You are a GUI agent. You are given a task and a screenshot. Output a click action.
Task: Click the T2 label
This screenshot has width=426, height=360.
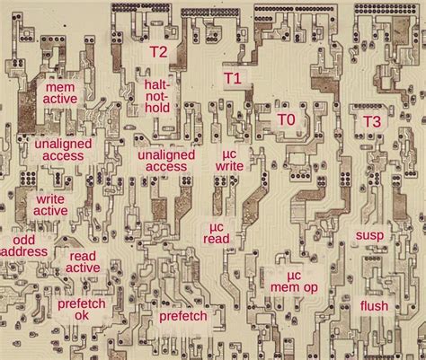(157, 51)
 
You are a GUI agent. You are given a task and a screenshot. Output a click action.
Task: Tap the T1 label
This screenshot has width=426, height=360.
(232, 79)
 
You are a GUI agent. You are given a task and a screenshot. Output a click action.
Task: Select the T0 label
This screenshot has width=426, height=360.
(286, 119)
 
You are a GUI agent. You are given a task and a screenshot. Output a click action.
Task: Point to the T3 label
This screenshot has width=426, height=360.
(371, 121)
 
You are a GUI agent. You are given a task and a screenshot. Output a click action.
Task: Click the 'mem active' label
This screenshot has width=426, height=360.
(60, 94)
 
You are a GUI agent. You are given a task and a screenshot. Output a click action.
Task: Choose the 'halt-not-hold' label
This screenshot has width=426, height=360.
(157, 96)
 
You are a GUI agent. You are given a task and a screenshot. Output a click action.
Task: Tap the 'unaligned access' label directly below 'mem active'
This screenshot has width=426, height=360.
(59, 150)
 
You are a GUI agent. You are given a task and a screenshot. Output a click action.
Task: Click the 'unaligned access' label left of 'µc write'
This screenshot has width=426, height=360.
(166, 160)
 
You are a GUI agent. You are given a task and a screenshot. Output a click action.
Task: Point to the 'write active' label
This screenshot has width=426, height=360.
(50, 205)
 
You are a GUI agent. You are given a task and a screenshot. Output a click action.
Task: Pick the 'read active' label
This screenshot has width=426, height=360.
(84, 261)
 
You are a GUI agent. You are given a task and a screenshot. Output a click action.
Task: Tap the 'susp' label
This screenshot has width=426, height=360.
(369, 235)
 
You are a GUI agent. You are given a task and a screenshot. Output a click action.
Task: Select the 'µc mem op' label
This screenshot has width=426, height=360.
(293, 280)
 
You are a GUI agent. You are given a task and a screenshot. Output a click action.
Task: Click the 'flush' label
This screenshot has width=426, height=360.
(374, 306)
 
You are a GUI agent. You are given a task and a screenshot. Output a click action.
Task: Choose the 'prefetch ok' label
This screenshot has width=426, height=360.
(82, 310)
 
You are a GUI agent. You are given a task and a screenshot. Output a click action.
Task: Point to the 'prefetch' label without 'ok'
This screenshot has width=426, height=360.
(183, 316)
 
